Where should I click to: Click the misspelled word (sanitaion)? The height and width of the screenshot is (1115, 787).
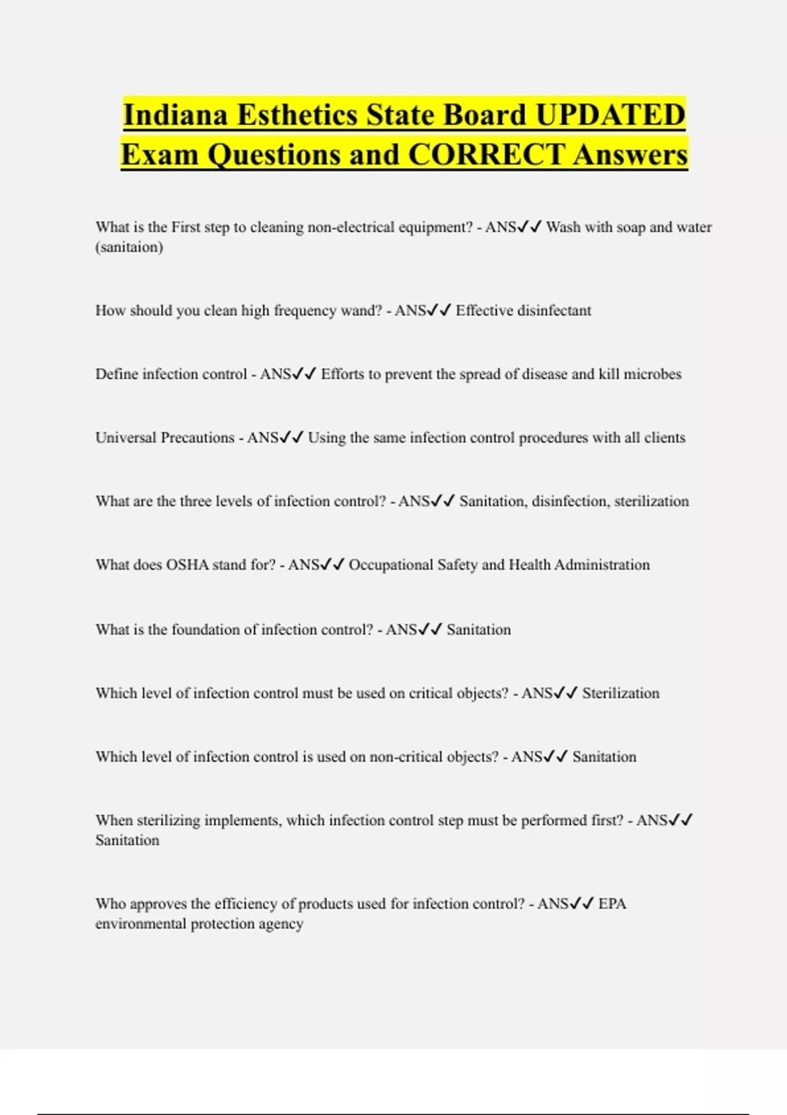click(x=129, y=247)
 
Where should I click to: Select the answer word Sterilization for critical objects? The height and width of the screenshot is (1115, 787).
click(x=620, y=693)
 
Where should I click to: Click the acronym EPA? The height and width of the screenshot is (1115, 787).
click(x=613, y=904)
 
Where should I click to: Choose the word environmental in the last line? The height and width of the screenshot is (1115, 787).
click(x=141, y=923)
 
